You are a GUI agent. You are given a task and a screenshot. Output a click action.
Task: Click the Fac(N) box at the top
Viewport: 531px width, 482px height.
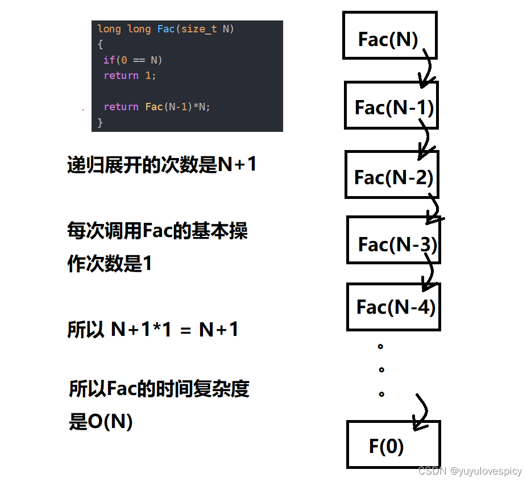pos(390,36)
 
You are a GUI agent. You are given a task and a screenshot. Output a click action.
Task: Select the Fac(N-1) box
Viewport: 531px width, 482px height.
pos(392,105)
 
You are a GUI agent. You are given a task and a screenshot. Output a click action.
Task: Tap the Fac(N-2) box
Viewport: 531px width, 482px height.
pos(392,174)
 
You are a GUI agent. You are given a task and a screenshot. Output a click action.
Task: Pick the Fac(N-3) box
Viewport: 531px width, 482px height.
pos(393,240)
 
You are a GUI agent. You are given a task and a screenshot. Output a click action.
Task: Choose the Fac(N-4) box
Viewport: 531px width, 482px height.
pos(393,307)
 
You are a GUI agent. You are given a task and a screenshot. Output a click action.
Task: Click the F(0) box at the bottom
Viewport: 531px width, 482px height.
pos(393,444)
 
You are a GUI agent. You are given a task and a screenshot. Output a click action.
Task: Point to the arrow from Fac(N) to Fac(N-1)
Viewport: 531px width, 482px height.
pos(428,68)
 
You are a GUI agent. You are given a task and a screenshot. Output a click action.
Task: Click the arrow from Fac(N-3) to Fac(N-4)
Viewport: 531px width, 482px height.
pos(429,272)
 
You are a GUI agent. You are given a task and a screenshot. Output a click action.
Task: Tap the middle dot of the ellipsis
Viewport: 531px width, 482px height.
pos(381,369)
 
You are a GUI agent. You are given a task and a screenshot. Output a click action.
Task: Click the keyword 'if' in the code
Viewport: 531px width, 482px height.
pos(109,60)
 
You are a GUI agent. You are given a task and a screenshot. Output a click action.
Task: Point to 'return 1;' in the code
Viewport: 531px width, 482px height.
pos(130,76)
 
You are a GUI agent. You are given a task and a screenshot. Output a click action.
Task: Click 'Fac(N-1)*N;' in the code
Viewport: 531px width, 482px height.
pos(178,107)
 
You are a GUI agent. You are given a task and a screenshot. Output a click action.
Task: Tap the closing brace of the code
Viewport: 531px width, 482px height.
pos(100,122)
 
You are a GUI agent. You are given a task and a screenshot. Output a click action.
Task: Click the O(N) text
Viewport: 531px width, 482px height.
pos(110,421)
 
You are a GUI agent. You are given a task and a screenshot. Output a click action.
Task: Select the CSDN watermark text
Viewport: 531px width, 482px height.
pos(470,471)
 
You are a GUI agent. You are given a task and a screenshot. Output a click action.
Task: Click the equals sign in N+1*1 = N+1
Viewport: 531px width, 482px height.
pos(185,330)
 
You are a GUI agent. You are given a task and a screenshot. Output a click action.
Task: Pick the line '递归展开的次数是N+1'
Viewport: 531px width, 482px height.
pos(161,165)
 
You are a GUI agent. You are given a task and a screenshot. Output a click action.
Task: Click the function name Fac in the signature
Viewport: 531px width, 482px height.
pos(166,29)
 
